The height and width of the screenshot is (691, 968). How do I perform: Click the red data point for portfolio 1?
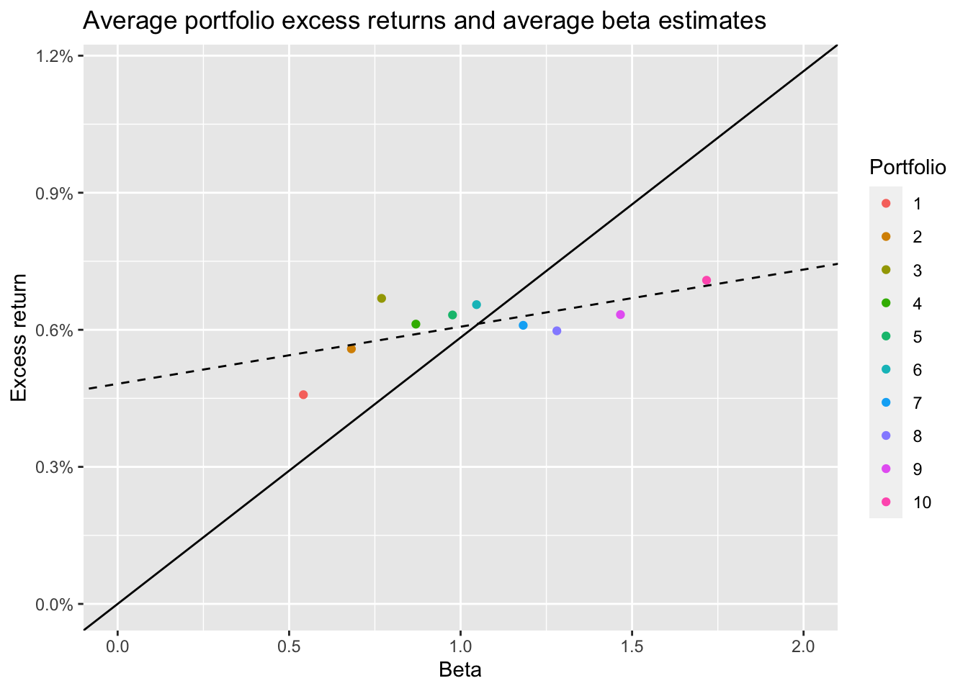tap(303, 394)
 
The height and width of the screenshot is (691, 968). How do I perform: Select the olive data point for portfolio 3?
tap(382, 298)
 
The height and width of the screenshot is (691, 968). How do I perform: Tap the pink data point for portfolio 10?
tap(707, 280)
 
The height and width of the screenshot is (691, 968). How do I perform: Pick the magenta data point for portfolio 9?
tap(620, 315)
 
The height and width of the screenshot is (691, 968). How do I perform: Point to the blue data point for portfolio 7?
tap(523, 325)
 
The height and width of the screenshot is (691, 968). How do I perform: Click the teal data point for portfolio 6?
tap(476, 304)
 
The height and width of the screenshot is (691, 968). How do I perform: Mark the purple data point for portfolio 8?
tap(557, 331)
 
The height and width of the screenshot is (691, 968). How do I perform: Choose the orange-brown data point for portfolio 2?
tap(351, 348)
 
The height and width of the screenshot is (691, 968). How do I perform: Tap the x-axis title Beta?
tap(460, 670)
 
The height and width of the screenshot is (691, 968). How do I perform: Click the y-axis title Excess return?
tap(19, 338)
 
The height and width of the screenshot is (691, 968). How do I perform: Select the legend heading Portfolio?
tap(907, 167)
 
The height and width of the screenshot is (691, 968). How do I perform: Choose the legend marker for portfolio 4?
tap(886, 303)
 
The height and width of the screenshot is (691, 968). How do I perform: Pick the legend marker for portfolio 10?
tap(886, 502)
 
